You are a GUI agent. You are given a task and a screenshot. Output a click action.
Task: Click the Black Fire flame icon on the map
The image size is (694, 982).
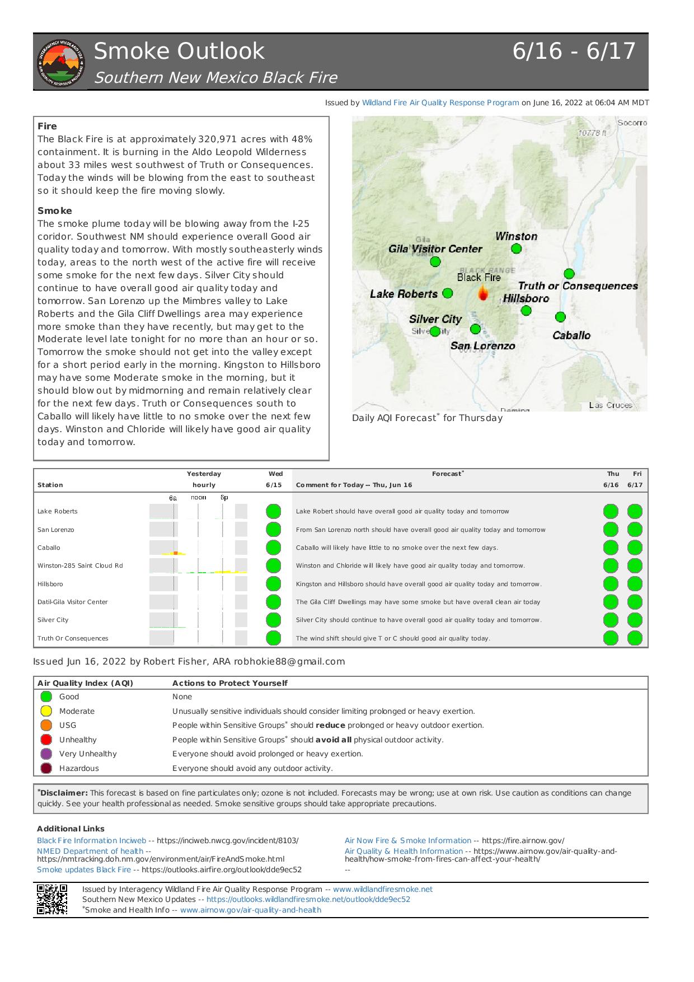tap(482, 292)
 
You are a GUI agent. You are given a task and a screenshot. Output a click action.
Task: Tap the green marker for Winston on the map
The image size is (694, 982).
tap(516, 249)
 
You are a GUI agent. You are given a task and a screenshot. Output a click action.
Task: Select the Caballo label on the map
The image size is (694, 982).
tap(571, 335)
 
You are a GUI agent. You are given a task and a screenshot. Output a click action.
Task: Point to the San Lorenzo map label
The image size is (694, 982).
tap(482, 346)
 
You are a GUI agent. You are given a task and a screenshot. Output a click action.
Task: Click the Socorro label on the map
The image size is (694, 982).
tap(632, 123)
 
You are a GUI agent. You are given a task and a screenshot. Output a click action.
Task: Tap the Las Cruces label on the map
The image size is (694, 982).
tap(611, 405)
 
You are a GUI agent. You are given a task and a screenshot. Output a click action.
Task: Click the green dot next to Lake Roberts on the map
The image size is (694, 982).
tap(448, 293)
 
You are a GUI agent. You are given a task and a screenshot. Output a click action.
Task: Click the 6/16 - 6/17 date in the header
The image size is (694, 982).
tap(574, 52)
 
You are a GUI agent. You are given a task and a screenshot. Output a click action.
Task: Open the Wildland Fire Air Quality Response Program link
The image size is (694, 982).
tap(440, 103)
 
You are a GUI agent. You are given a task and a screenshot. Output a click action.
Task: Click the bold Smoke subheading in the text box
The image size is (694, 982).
tap(55, 211)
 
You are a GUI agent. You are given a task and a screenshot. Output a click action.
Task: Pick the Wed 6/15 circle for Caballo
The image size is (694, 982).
tap(273, 548)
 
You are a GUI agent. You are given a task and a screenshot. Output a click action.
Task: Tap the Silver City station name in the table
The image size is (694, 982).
tap(53, 620)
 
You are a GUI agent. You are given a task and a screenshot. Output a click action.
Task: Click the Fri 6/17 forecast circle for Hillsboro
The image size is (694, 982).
tap(635, 584)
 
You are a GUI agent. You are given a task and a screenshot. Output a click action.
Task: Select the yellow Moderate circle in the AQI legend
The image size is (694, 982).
tap(46, 711)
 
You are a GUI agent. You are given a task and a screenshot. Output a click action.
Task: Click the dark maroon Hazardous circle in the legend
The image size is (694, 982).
tap(46, 768)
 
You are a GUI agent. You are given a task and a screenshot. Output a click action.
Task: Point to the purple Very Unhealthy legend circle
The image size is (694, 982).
tap(46, 754)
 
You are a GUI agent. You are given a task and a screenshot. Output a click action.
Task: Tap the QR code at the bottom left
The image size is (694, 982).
tap(52, 899)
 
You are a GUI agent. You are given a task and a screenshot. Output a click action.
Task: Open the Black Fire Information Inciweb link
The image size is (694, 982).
tap(91, 840)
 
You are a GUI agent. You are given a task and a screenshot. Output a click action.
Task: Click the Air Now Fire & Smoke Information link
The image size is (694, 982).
tap(408, 840)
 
